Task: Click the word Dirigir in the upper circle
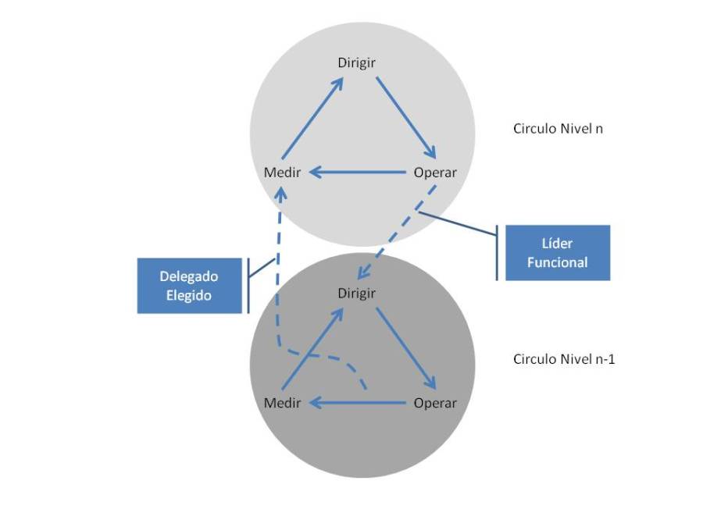[356, 62]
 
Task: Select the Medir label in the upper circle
[282, 173]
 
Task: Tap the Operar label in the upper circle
[434, 173]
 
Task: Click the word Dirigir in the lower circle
[356, 294]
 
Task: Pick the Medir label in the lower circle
[282, 403]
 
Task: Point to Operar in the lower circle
[434, 403]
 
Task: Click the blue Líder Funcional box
[557, 253]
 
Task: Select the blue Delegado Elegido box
[189, 286]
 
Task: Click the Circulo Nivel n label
[558, 129]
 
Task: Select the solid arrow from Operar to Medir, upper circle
[358, 173]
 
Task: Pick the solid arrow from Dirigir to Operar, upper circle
[405, 119]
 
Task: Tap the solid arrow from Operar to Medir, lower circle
[358, 403]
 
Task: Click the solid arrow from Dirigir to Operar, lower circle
[405, 349]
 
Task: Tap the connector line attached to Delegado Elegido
[261, 269]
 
